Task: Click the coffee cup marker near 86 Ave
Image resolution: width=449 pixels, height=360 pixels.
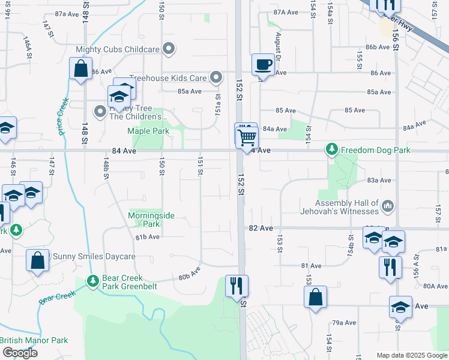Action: [x=263, y=64]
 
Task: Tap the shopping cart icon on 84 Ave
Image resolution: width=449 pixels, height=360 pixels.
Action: [x=247, y=137]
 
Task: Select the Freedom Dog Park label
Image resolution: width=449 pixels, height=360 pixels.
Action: [x=376, y=149]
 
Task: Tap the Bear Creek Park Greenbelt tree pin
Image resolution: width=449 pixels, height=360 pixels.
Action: [x=92, y=280]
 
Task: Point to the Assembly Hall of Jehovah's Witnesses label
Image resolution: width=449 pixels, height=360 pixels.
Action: [x=340, y=207]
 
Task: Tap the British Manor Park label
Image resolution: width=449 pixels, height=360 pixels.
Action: [x=34, y=340]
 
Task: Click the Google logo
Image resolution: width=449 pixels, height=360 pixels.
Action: [x=19, y=353]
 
